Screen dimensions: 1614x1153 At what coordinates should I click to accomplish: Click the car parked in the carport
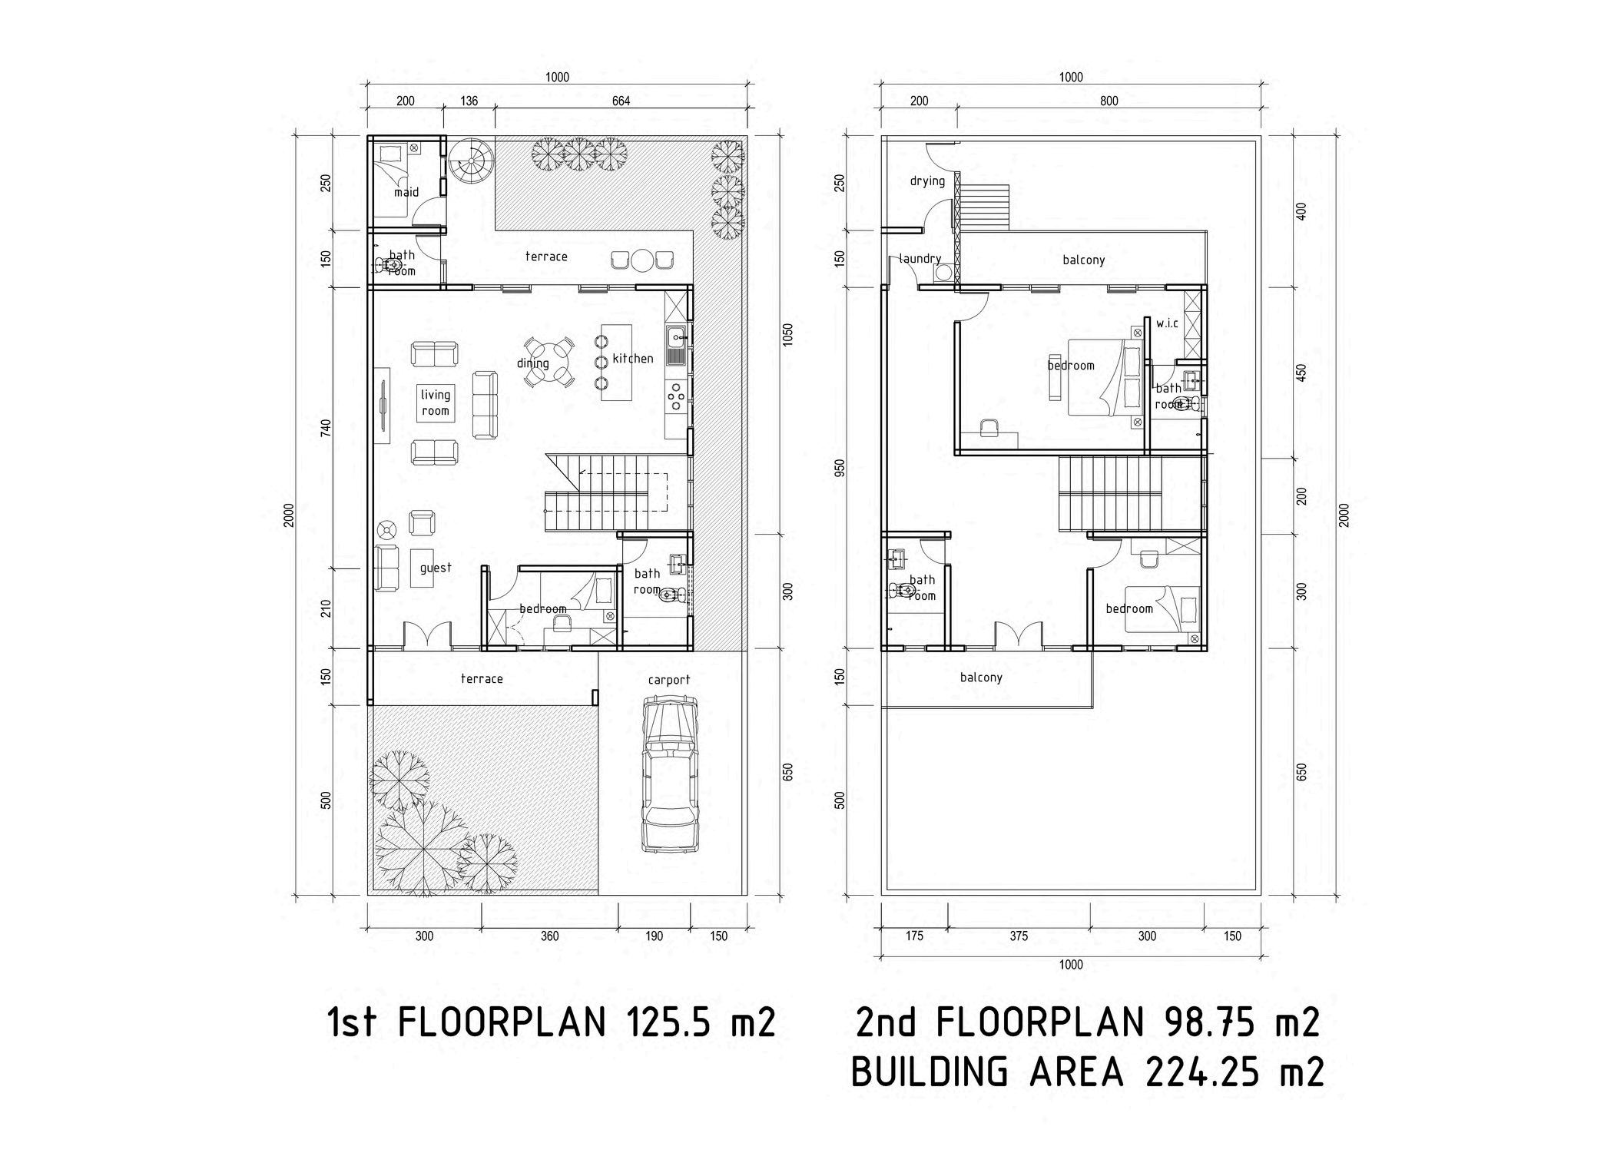pyautogui.click(x=670, y=773)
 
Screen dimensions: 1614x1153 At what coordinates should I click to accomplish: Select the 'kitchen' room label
pyautogui.click(x=632, y=359)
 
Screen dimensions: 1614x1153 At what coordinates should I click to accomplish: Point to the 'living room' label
pyautogui.click(x=435, y=403)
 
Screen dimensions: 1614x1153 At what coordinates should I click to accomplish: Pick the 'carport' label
pyautogui.click(x=668, y=680)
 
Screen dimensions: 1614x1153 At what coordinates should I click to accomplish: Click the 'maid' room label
pyautogui.click(x=406, y=192)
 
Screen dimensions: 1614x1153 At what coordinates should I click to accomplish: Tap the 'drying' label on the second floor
pyautogui.click(x=926, y=181)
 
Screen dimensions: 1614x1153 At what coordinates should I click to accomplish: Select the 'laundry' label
pyautogui.click(x=920, y=259)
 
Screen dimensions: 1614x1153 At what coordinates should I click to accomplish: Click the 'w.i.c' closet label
pyautogui.click(x=1166, y=324)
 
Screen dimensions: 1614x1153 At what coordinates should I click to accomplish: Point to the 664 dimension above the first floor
pyautogui.click(x=620, y=101)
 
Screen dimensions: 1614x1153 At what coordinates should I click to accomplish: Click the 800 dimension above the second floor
pyautogui.click(x=1108, y=101)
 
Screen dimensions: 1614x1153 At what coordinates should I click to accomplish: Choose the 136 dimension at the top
pyautogui.click(x=468, y=101)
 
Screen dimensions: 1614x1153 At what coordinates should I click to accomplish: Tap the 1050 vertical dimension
pyautogui.click(x=787, y=334)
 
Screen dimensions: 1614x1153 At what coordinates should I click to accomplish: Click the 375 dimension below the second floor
pyautogui.click(x=1018, y=936)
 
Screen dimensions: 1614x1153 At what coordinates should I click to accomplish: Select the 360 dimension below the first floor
pyautogui.click(x=549, y=936)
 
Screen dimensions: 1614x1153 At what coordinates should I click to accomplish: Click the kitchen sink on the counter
pyautogui.click(x=676, y=344)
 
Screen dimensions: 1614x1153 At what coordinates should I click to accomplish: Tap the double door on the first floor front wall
pyautogui.click(x=426, y=635)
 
